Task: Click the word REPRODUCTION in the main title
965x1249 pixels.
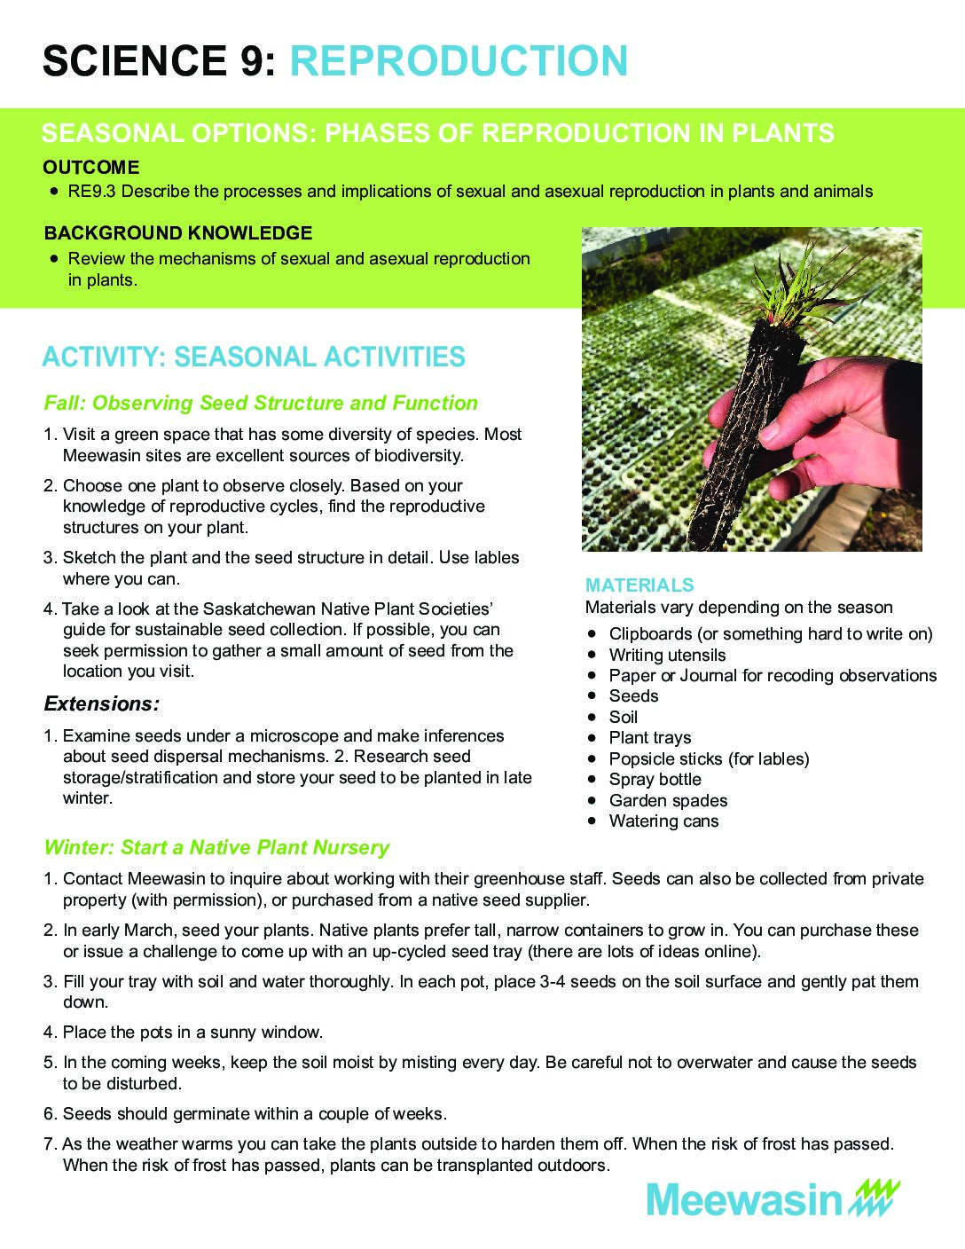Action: (459, 61)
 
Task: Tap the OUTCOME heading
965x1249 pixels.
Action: (90, 168)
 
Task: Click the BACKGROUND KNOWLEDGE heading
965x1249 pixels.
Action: (178, 233)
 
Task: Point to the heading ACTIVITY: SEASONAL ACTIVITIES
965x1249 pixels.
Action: (254, 357)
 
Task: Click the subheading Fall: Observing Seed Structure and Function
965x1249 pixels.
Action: (261, 404)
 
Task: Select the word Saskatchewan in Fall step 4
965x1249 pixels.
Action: (259, 609)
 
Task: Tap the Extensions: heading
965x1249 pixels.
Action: (102, 704)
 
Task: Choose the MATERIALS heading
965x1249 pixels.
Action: (639, 585)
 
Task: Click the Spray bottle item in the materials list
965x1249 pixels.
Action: (655, 780)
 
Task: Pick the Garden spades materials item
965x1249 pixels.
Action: (668, 801)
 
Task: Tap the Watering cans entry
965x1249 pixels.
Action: (663, 821)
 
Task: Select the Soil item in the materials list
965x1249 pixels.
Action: (623, 718)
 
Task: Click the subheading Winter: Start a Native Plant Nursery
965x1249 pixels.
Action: (216, 848)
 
